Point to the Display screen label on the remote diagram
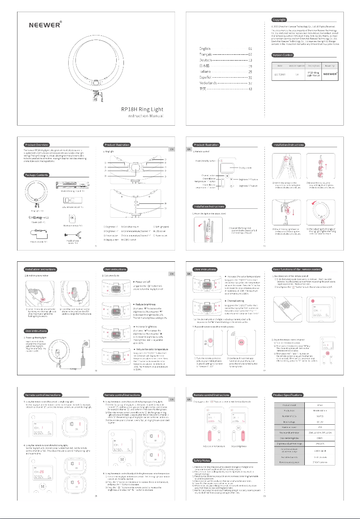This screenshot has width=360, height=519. tap(246, 168)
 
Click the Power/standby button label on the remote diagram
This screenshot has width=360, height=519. tap(206, 160)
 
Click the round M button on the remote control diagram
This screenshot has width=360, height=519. tap(227, 176)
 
